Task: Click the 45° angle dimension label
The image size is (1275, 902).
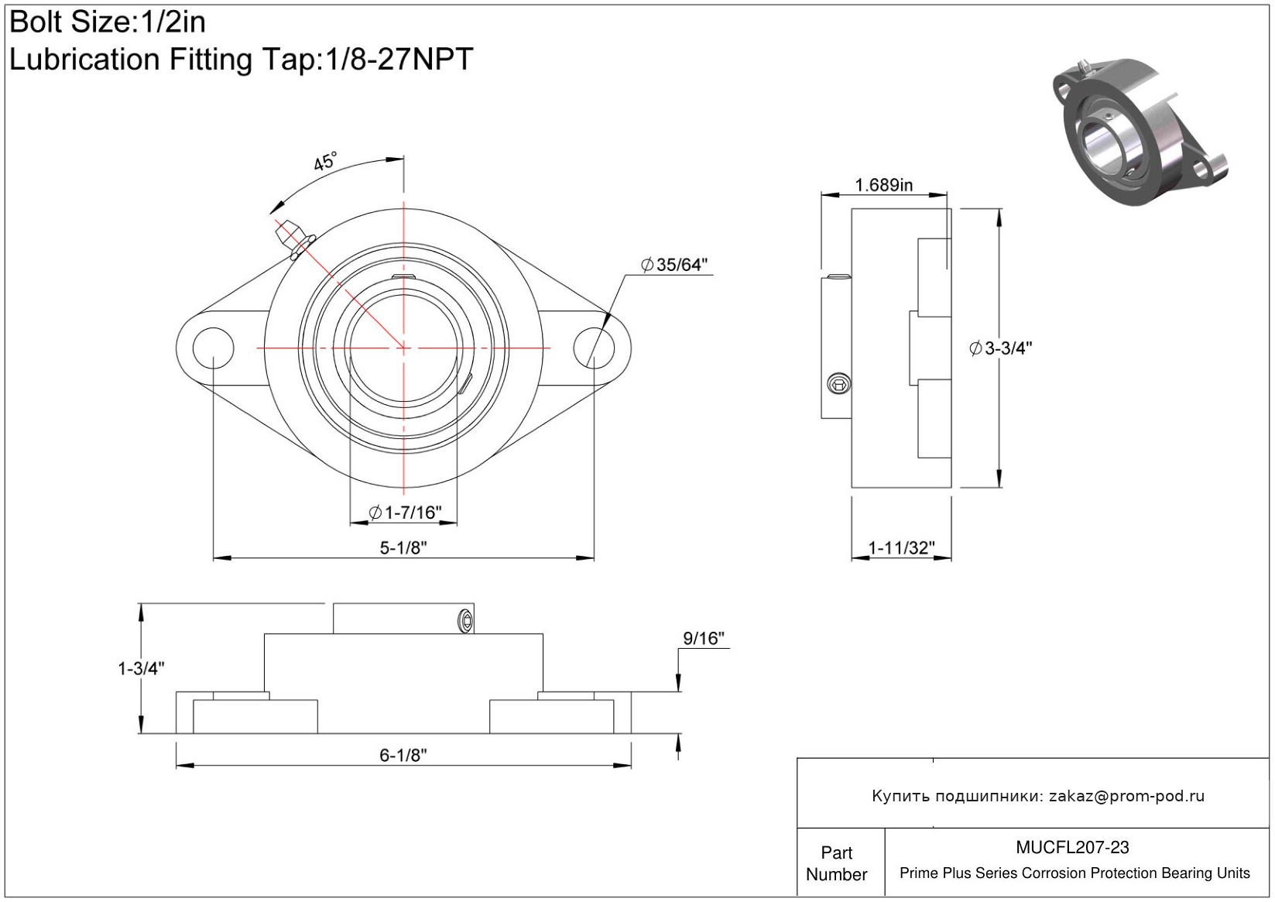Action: click(x=325, y=162)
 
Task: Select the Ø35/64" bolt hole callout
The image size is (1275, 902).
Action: click(x=674, y=265)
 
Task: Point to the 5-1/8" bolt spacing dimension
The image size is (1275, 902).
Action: click(x=403, y=547)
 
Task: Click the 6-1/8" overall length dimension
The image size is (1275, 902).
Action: click(x=403, y=755)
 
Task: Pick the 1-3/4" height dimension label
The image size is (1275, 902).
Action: click(x=141, y=668)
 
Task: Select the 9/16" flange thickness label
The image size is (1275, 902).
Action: click(x=703, y=638)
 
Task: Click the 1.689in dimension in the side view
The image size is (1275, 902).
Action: click(x=883, y=185)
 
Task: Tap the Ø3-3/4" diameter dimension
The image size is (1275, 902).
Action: click(x=1001, y=348)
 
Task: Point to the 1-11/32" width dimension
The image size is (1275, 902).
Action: click(x=901, y=548)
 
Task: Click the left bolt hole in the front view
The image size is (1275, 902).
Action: click(x=213, y=348)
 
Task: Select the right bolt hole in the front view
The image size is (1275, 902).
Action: click(x=594, y=348)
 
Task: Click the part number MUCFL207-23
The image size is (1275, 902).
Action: click(x=1072, y=847)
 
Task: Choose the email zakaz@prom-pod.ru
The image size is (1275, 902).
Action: click(x=1126, y=796)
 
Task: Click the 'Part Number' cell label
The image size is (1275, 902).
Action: click(x=837, y=863)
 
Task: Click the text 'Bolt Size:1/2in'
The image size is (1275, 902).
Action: click(x=108, y=22)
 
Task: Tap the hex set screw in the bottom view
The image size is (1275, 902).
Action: click(x=465, y=621)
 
